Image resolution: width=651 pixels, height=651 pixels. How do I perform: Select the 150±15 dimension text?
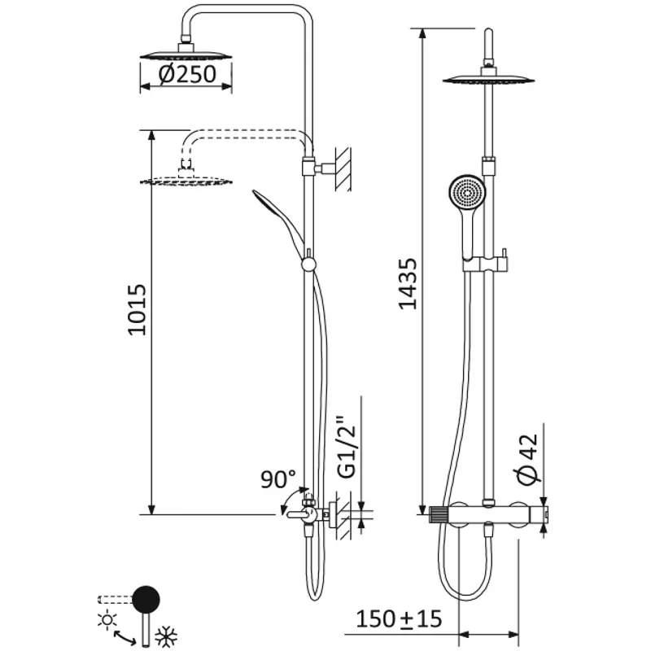point(399,619)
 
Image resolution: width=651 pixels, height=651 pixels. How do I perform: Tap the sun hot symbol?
point(106,620)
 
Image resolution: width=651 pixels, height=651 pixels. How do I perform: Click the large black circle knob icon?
point(146,599)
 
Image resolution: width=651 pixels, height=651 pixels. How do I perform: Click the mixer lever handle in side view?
point(295,514)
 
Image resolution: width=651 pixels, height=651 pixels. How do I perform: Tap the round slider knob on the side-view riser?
point(308,264)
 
